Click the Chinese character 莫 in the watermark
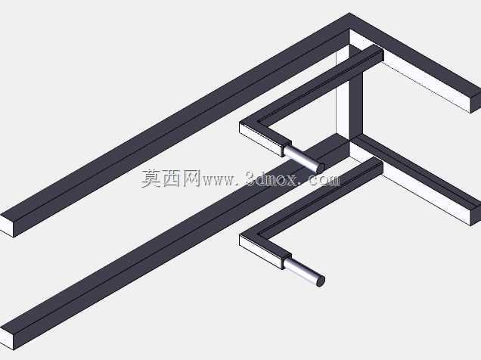pos(151,178)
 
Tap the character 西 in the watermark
pos(171,178)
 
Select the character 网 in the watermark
pos(191,178)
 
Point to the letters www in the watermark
pos(219,180)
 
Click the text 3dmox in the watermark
pos(272,178)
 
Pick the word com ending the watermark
pos(324,180)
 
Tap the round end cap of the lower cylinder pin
pos(320,281)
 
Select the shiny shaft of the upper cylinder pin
pos(302,157)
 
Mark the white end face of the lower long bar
pos(7,339)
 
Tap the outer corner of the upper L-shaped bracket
pos(240,122)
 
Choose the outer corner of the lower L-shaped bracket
pos(240,234)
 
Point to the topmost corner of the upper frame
pos(349,13)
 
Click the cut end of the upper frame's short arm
pos(476,102)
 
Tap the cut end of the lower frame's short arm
pos(476,215)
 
